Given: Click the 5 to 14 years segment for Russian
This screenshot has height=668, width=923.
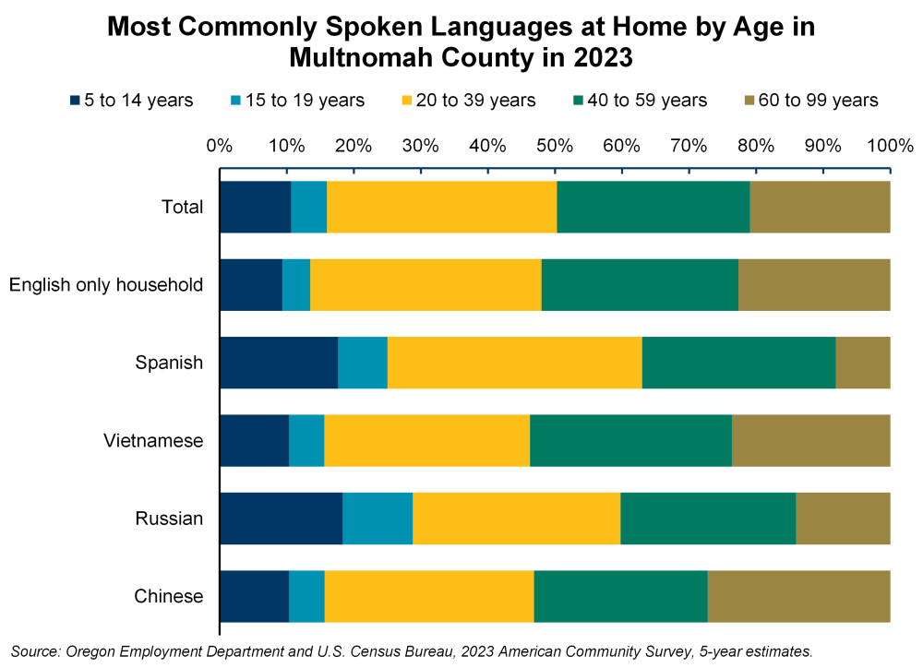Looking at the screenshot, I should (x=281, y=519).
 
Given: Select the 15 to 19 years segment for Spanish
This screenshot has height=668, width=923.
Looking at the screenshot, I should (x=362, y=363).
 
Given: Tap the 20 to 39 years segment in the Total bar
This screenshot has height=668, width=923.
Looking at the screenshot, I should (x=441, y=207).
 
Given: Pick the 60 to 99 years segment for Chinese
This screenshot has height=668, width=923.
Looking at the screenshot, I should (x=798, y=596).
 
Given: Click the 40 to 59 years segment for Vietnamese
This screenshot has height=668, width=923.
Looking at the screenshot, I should (x=630, y=440).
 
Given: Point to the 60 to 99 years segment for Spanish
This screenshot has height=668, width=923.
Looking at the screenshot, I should (x=862, y=363).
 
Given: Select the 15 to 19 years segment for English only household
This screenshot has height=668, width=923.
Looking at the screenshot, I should (x=296, y=284).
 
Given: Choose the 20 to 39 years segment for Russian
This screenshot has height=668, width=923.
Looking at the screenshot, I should (x=516, y=519).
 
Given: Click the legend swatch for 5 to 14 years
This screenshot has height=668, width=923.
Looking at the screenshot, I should (x=74, y=100).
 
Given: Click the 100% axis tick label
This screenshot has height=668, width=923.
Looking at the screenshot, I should (x=889, y=146).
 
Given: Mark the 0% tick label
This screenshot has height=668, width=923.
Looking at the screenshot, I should (x=219, y=146).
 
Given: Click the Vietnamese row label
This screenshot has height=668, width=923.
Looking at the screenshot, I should (x=153, y=441).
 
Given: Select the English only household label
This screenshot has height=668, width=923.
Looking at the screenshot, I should (x=106, y=285).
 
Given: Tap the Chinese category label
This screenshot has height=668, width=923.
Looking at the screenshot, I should (x=169, y=597).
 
